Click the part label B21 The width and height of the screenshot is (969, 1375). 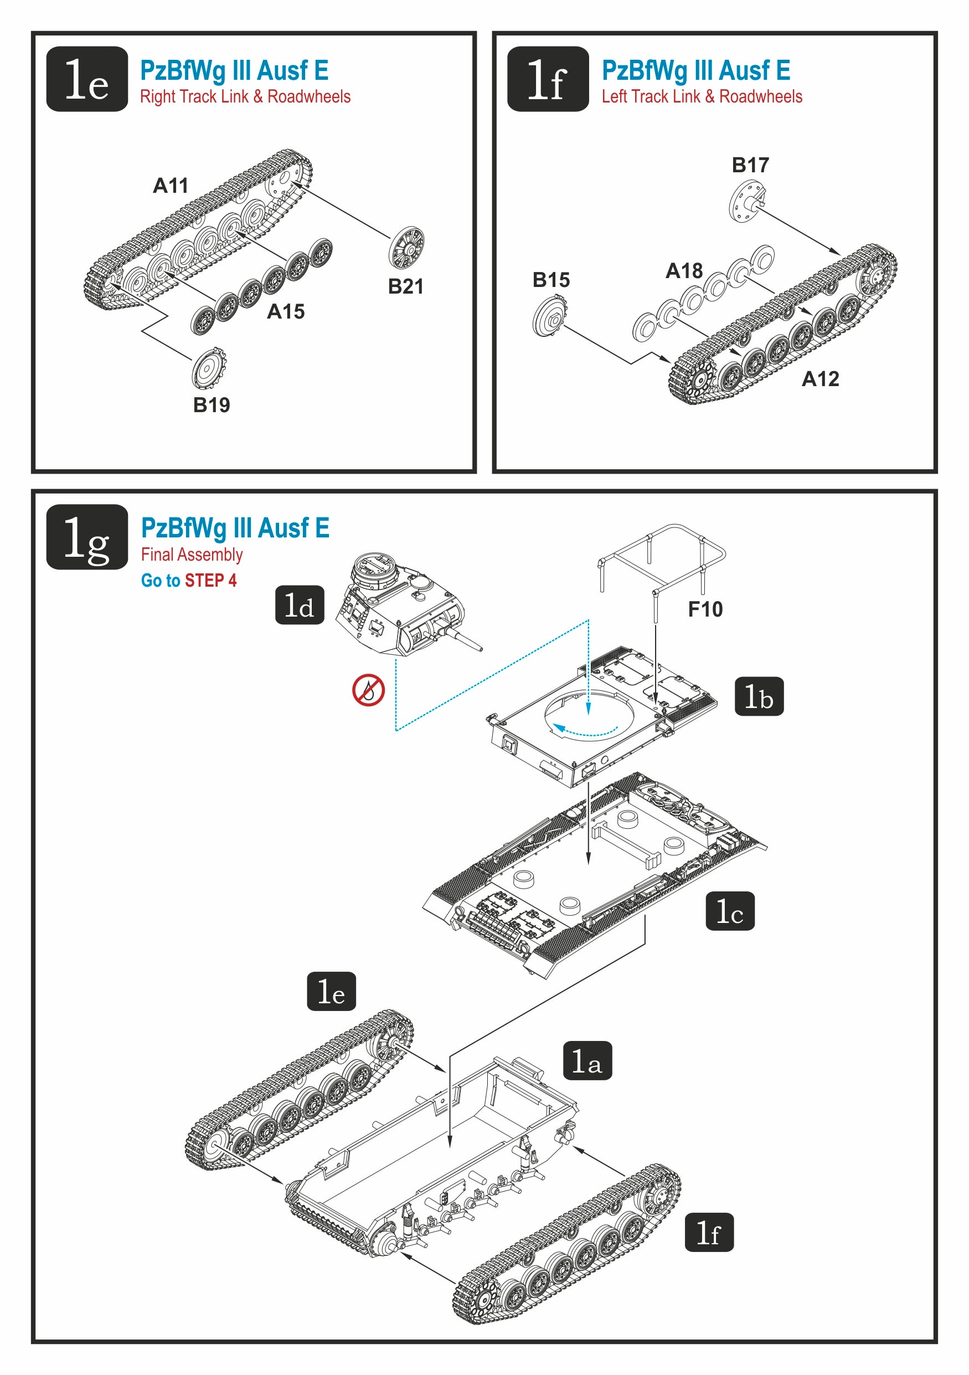[x=405, y=286]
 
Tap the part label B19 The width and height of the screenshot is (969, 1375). [x=212, y=405]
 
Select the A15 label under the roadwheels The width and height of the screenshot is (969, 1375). [x=286, y=311]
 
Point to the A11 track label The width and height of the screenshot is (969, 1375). [x=171, y=186]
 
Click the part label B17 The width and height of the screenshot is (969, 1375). [x=750, y=165]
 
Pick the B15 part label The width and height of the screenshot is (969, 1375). [x=550, y=280]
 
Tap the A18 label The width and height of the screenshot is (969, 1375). [x=684, y=271]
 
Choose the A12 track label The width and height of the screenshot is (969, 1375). [x=820, y=378]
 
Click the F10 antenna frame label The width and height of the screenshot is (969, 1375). [x=705, y=609]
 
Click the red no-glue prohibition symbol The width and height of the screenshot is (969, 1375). [x=368, y=690]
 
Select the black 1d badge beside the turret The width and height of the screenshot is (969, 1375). [x=299, y=605]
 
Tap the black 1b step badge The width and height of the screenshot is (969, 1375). [x=759, y=696]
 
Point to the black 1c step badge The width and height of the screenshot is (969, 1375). [x=730, y=911]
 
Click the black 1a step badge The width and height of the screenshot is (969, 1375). [x=587, y=1060]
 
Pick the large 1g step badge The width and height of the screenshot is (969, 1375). [x=87, y=537]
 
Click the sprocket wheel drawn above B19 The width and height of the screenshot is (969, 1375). [x=209, y=368]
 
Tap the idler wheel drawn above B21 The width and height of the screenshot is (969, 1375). [x=406, y=247]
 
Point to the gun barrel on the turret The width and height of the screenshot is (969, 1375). [x=464, y=638]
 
